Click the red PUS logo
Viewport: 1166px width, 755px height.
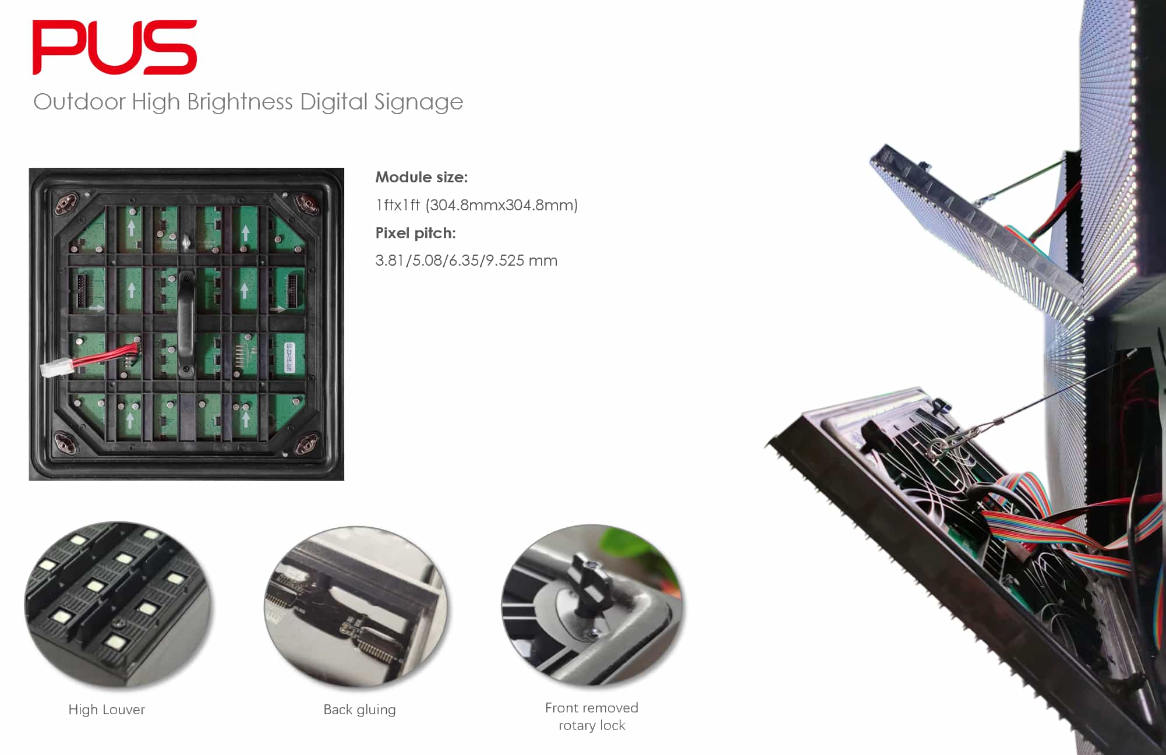tap(115, 47)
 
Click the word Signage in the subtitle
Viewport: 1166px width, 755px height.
tap(419, 102)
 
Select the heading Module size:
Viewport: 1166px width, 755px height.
tap(421, 177)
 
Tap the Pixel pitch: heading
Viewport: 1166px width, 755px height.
tap(415, 233)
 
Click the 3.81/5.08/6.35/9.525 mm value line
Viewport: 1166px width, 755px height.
tap(466, 260)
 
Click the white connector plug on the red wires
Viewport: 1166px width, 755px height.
tap(55, 369)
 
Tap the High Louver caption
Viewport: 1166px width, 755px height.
tap(107, 710)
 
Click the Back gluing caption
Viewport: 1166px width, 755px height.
tap(359, 710)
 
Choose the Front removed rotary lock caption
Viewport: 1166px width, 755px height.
tap(592, 717)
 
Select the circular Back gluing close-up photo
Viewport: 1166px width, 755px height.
tap(356, 607)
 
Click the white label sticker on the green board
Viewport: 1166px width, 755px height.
tap(290, 357)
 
